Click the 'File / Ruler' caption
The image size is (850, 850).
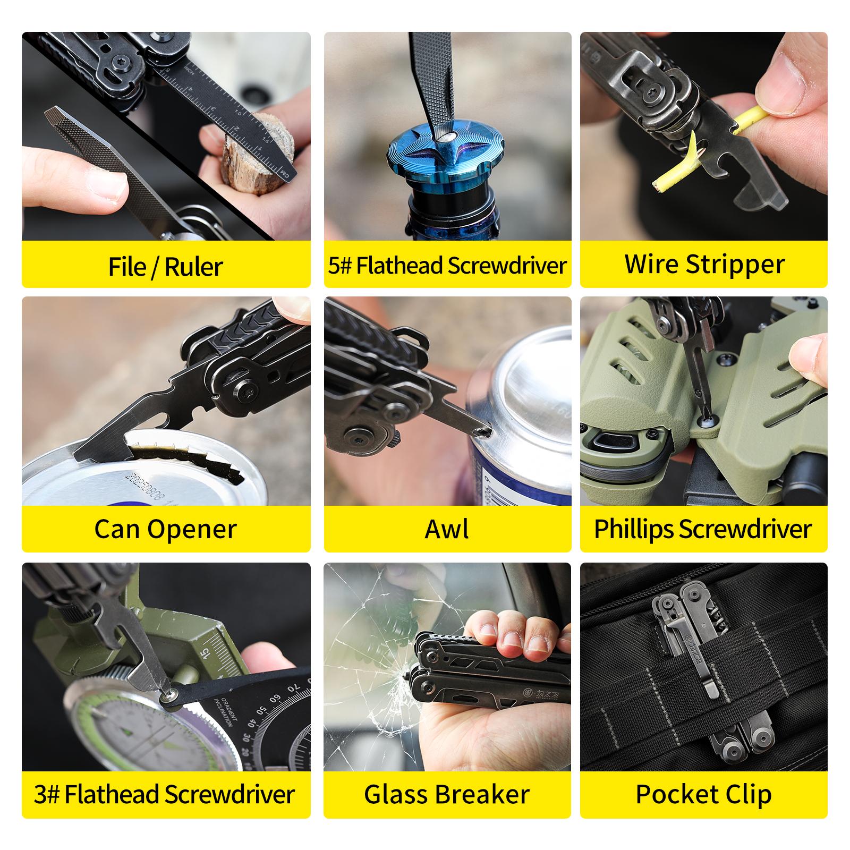coord(165,266)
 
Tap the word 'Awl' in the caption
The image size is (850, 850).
coord(447,529)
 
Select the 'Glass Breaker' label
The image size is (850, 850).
coord(447,794)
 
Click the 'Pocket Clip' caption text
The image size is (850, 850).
coord(703,794)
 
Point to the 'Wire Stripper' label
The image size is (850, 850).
coord(704,264)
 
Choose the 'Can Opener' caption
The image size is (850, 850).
coord(165,529)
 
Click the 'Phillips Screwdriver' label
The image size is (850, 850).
coord(703,529)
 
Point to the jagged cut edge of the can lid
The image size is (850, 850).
coord(191,457)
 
